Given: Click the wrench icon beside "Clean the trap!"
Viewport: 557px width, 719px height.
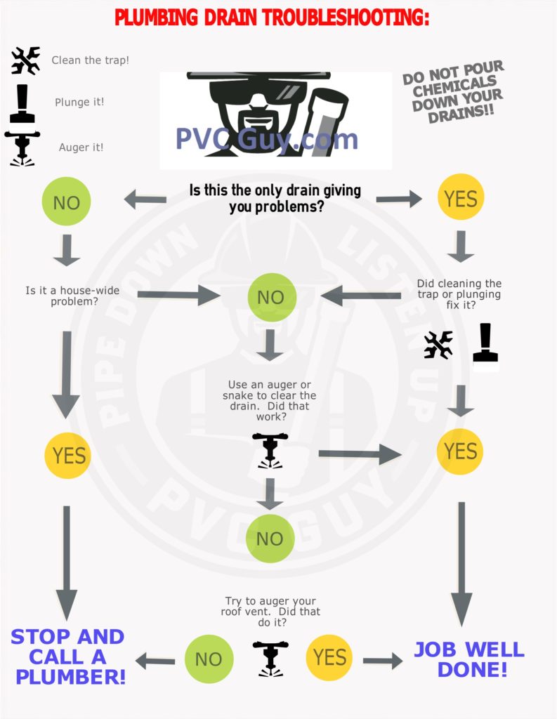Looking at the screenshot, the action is [x=26, y=60].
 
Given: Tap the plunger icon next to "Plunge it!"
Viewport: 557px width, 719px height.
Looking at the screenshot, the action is [x=22, y=104].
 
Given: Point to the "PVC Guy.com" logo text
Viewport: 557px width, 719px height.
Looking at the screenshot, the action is [x=267, y=139].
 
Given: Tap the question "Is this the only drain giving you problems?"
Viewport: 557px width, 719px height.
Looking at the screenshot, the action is [x=275, y=199].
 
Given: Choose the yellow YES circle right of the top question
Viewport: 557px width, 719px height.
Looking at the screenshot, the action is [x=461, y=198].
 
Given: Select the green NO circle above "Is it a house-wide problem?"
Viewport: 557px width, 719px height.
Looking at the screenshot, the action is [x=67, y=202].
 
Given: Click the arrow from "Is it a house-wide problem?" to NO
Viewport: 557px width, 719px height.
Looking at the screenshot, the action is [x=179, y=294].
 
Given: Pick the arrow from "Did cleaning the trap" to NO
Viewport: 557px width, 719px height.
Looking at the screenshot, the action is [x=360, y=296].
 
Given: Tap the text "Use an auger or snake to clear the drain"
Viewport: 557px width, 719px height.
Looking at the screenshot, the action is [x=269, y=395].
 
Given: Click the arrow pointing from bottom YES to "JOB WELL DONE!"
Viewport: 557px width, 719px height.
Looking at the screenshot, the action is [x=383, y=661].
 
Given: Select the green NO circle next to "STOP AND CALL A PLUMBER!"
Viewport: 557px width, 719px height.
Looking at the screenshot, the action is [x=209, y=659].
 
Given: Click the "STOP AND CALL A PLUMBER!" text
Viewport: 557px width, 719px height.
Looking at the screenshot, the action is [x=69, y=657].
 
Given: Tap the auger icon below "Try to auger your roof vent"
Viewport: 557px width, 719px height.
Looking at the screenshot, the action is [x=270, y=659].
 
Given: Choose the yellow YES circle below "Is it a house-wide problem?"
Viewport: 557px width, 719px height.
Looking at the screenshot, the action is [x=68, y=455].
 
